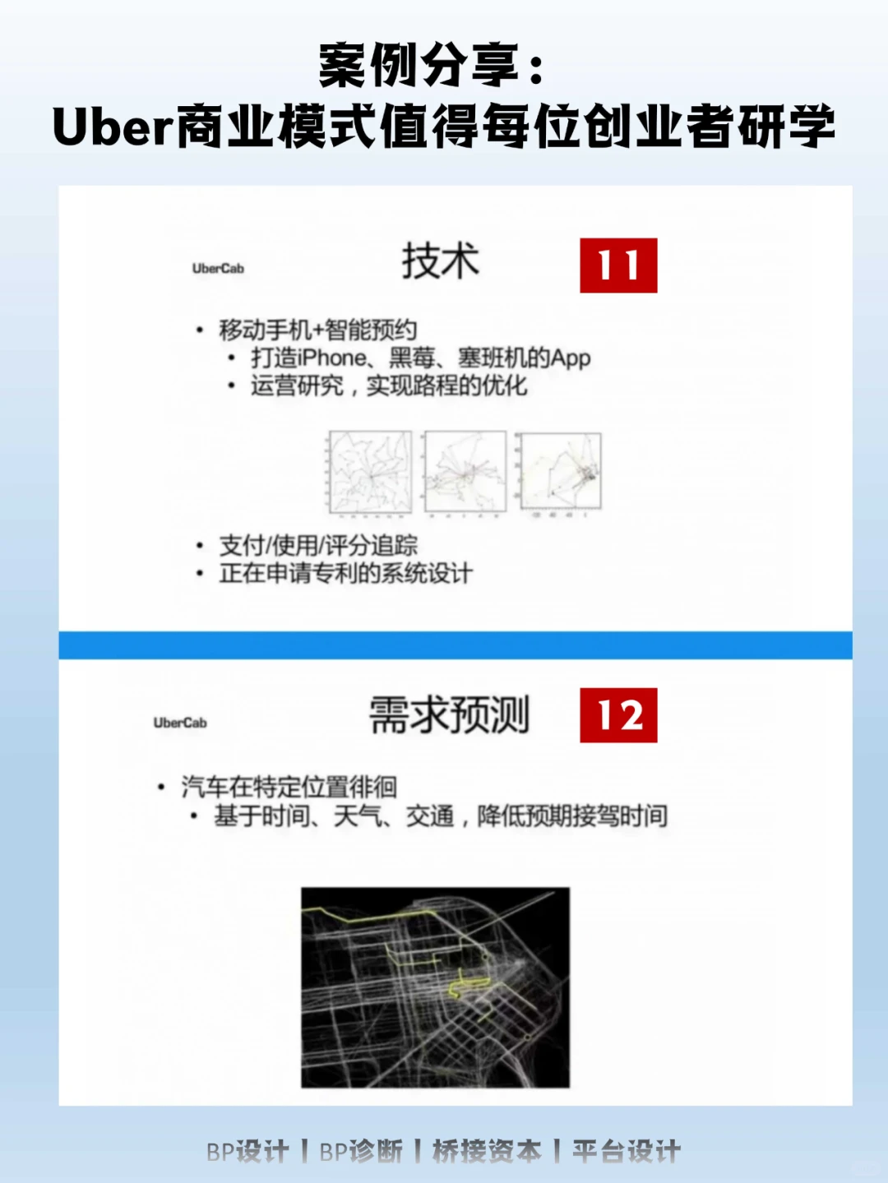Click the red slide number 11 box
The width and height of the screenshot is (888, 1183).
point(618,266)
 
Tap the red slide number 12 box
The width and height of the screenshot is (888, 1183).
point(618,715)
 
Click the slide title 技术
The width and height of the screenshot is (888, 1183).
point(440,261)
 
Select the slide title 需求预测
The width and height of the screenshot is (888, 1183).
point(449,714)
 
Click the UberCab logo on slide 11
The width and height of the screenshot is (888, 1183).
point(218,268)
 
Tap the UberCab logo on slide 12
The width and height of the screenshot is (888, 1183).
point(180,723)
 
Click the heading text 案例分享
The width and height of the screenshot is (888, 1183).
point(419,66)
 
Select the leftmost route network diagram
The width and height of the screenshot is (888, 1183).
point(370,473)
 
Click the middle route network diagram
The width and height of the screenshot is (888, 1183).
point(465,473)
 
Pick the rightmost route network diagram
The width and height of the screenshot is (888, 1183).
point(561,473)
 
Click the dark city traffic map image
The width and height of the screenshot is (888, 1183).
point(435,987)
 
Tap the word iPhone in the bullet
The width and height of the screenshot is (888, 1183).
point(332,358)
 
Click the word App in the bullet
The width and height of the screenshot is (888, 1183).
point(571,358)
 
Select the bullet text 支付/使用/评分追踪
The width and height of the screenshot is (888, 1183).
point(318,545)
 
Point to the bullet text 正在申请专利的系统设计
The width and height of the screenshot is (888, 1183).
point(345,573)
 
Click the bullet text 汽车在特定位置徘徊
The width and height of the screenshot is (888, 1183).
point(289,787)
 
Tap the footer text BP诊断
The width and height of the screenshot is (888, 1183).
point(361,1152)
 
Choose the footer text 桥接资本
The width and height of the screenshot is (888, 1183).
point(487,1152)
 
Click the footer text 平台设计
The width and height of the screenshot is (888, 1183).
point(627,1152)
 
